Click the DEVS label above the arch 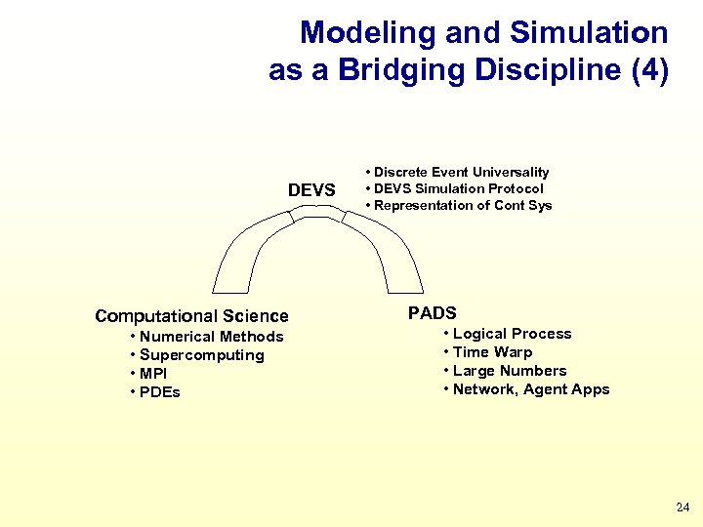[x=311, y=189]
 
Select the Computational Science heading [x=191, y=316]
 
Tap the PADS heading [x=432, y=313]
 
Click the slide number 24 [x=682, y=507]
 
